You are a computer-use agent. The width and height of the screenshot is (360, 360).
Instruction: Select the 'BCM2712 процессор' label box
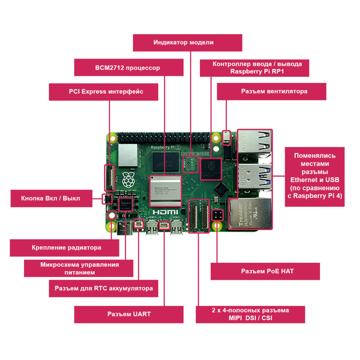pos(127,68)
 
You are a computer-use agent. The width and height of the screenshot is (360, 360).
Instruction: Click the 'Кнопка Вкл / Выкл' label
pos(50,198)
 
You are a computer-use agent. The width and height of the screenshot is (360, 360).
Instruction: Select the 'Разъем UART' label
pos(129,314)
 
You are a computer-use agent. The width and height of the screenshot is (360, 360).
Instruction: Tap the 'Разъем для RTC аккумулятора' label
pos(104,288)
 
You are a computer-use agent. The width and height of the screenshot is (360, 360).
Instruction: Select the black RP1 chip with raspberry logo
pos(211,167)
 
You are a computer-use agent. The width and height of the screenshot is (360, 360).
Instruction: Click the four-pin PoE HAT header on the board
pos(217,215)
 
